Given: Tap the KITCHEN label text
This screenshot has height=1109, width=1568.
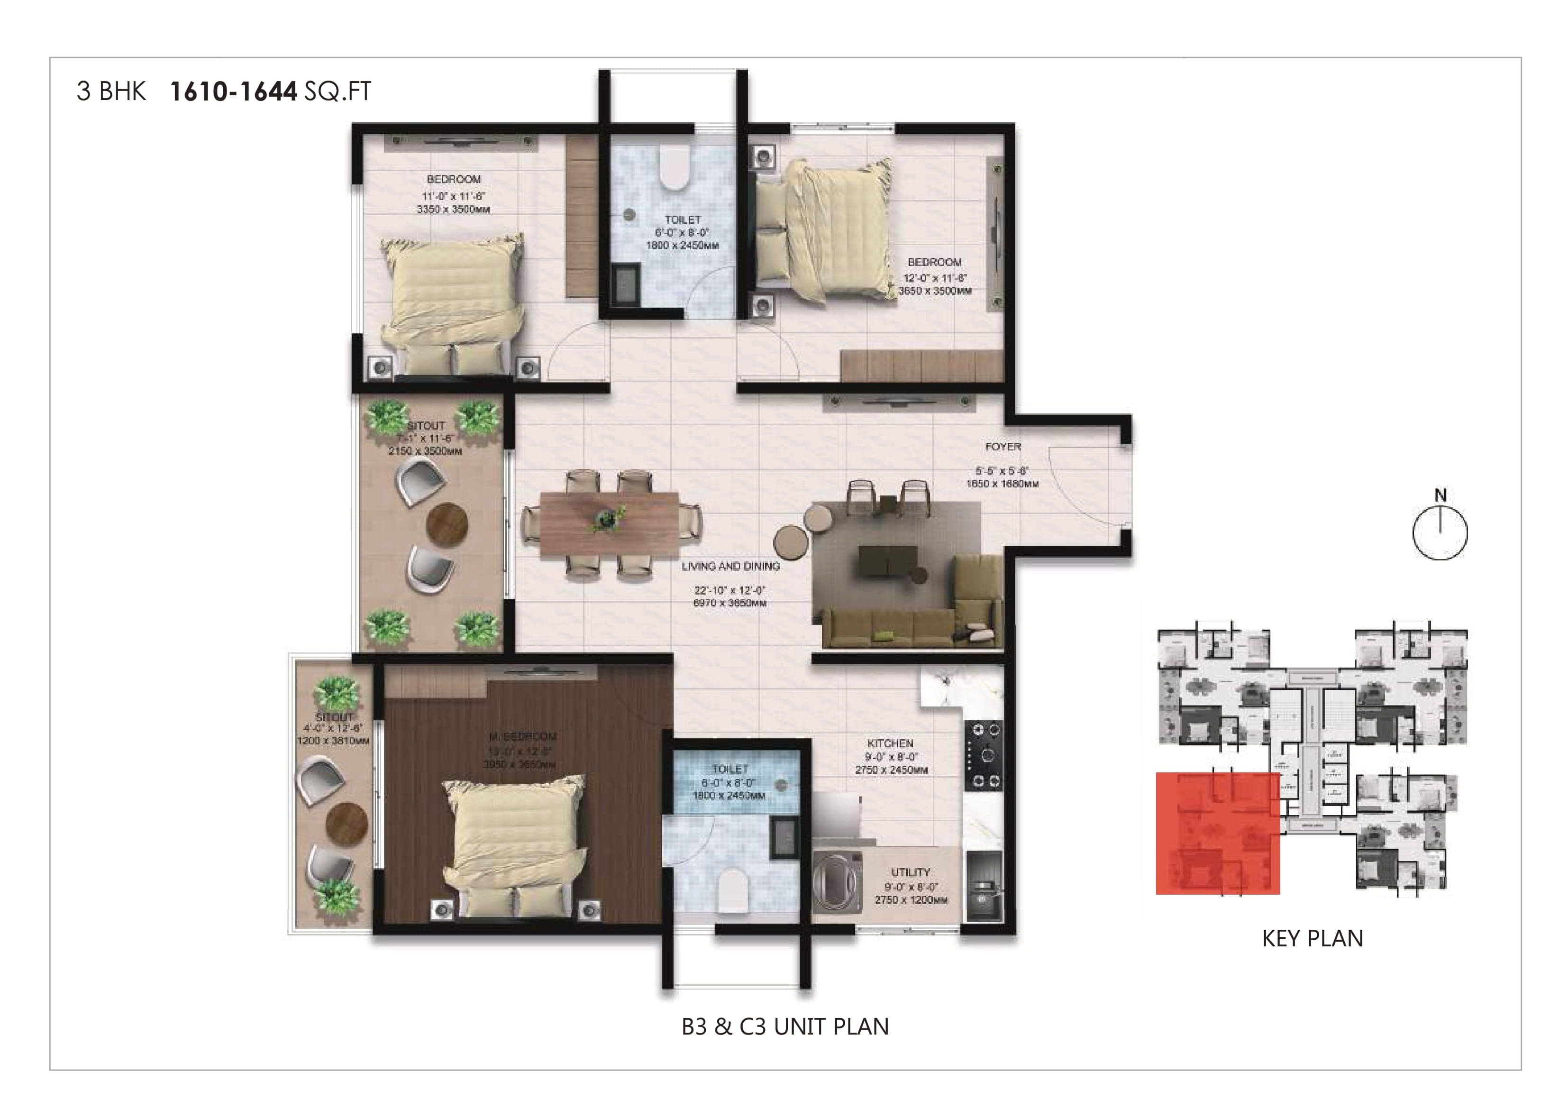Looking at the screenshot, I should [x=890, y=743].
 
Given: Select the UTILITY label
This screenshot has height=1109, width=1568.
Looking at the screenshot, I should [x=911, y=872].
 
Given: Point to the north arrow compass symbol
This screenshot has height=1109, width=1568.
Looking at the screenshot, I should [x=1440, y=531].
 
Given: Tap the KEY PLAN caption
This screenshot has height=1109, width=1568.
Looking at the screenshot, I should [x=1312, y=939].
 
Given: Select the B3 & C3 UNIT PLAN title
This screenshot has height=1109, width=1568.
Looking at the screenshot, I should [x=784, y=1027].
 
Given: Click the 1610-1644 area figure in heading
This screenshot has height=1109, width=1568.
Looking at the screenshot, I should [x=233, y=92].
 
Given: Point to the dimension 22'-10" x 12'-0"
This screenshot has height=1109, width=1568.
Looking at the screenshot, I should [x=729, y=590].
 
